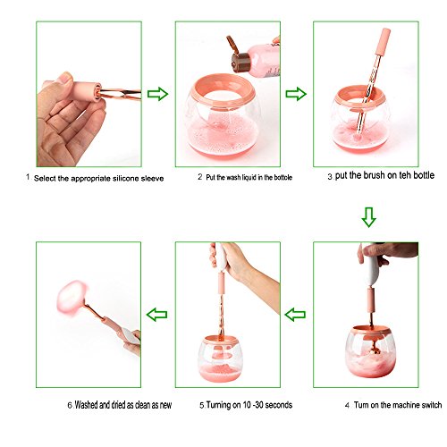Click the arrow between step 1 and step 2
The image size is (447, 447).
coord(157,94)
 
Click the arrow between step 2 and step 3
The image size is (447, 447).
coord(296,94)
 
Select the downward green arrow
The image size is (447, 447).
coord(369,217)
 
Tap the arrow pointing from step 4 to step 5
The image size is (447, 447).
coord(295,315)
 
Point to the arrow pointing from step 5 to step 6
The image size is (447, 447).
coord(156,315)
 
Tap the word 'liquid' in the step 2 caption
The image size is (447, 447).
coord(249,178)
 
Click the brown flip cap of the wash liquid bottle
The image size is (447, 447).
coord(238,55)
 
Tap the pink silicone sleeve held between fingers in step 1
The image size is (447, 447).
coord(86,91)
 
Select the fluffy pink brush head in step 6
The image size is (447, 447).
coord(72,297)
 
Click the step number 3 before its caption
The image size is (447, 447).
coord(330,176)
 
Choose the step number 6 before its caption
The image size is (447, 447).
coord(70,405)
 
